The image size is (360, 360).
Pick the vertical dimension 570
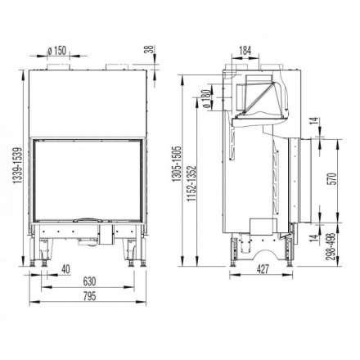(331, 182)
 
